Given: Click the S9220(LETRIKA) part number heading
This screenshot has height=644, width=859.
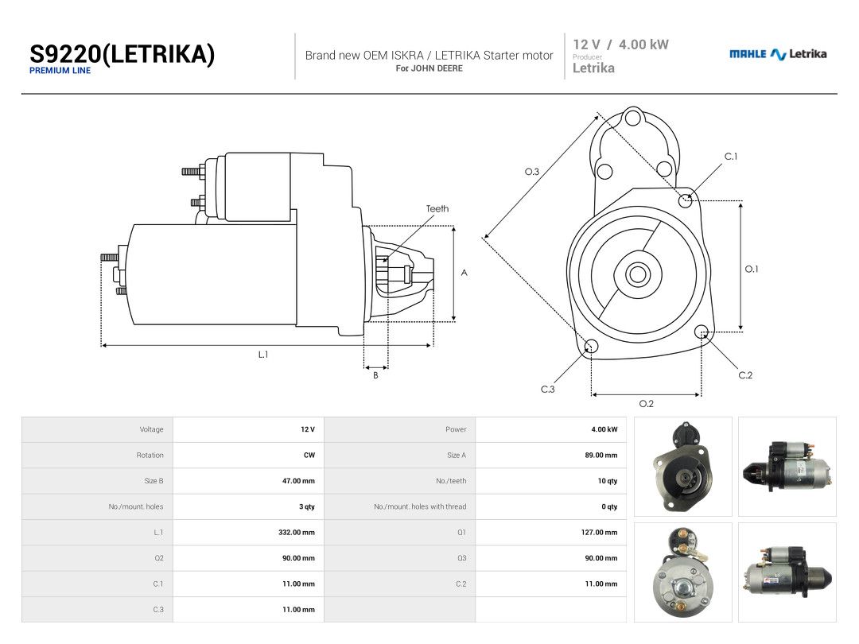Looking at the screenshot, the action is [122, 54].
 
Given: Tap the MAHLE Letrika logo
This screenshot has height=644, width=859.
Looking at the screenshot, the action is [778, 54].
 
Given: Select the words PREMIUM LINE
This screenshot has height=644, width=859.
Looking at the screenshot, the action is [60, 71].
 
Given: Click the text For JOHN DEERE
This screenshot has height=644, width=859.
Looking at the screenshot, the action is [429, 68].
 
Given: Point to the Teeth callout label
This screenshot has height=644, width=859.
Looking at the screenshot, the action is [437, 208].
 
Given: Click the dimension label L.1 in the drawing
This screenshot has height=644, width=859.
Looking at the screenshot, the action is [263, 355].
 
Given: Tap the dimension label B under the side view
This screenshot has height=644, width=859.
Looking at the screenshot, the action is [375, 375].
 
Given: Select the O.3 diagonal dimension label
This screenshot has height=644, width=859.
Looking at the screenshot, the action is [532, 172].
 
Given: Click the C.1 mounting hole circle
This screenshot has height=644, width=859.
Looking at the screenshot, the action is [686, 200].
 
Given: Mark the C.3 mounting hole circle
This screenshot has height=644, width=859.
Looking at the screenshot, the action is [592, 346].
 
